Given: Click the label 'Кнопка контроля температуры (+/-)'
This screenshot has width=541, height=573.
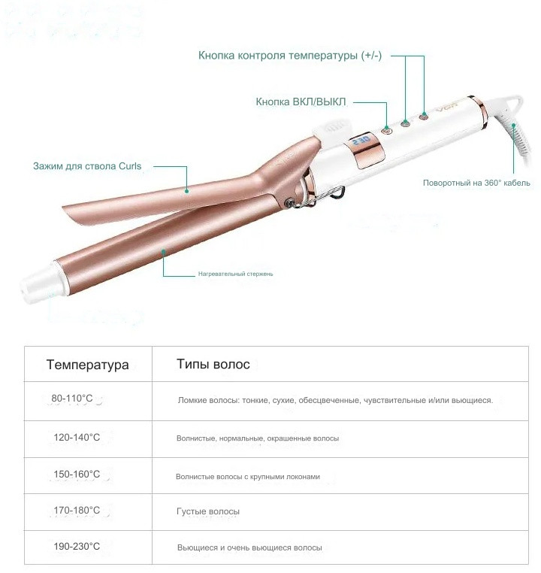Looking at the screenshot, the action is coord(290,56).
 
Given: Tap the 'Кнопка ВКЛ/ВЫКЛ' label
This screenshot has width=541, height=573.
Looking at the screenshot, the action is coord(301,102).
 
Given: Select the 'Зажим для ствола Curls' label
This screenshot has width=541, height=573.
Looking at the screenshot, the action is coord(87,166).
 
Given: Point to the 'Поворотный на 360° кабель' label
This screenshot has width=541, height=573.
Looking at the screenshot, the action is coord(476,183).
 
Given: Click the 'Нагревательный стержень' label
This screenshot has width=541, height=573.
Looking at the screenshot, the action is coord(235,274).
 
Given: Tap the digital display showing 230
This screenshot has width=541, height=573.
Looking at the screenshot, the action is coord(361,140).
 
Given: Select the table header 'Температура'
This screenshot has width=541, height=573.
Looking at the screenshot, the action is coord(88,365).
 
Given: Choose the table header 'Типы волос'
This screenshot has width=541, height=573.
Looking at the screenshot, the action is coord(213,364).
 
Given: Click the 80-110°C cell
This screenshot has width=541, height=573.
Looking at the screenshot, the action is coord(72,398).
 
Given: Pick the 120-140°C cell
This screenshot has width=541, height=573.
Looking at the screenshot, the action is coord(77,437).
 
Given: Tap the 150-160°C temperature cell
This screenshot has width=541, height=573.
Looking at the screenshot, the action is coord(77,474).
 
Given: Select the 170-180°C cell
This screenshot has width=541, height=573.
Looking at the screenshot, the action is coord(77,510).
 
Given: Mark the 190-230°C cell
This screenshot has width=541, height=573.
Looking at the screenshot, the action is coord(77,547).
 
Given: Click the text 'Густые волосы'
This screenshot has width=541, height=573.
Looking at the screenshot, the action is coord(208,511).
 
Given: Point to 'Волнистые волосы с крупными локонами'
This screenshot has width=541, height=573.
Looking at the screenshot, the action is coord(248,477).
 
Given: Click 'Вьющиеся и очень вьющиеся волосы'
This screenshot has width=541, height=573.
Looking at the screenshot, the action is coord(249,547).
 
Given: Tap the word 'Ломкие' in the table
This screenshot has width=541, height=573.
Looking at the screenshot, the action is coord(190,400).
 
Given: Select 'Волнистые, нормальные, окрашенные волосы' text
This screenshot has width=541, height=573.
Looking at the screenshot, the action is coord(258,438).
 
